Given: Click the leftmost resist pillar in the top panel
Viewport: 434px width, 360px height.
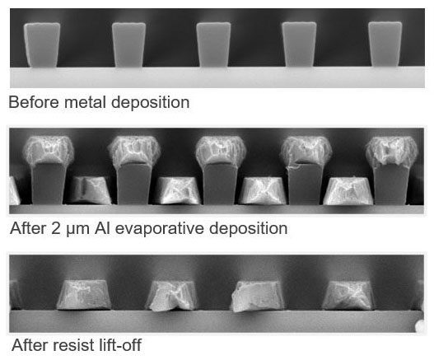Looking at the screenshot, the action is [42, 44].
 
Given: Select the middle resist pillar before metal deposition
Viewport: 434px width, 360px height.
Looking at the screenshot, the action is [213, 44].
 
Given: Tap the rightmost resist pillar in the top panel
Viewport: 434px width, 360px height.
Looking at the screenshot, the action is [385, 44].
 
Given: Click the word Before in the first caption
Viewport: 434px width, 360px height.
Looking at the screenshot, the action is [34, 102].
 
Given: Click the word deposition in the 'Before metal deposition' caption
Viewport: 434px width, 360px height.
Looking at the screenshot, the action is [151, 103].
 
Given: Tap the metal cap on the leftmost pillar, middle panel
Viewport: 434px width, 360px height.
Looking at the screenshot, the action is [48, 151].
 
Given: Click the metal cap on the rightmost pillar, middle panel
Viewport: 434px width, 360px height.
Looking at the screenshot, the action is [392, 152].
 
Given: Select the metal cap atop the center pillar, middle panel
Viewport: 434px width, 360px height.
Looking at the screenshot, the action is [221, 151].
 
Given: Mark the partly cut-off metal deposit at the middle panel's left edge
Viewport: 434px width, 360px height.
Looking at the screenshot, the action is [14, 191].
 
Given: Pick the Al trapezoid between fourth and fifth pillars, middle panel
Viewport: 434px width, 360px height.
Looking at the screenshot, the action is [348, 191].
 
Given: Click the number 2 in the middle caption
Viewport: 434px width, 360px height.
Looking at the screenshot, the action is [55, 229].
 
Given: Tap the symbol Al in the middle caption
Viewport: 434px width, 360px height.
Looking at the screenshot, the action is [102, 228].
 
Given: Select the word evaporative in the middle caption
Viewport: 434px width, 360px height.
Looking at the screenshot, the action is [160, 229].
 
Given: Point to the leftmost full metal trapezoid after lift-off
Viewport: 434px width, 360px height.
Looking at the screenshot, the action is [84, 295].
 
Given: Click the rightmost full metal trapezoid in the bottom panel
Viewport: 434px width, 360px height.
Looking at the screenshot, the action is [348, 295].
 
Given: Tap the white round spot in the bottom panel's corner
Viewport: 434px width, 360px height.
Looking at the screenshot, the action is [420, 326].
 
